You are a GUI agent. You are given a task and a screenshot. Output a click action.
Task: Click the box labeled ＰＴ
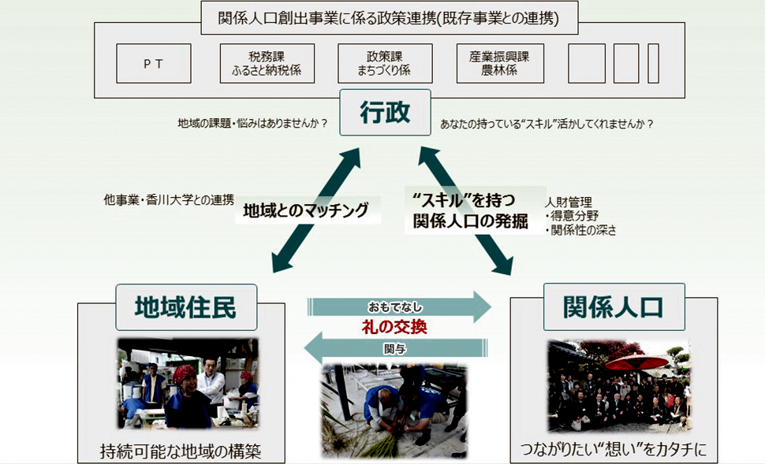[x=154, y=64]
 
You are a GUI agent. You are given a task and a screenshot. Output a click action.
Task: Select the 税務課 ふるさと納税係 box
[x=267, y=64]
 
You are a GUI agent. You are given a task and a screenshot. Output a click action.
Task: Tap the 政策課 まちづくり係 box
[x=385, y=64]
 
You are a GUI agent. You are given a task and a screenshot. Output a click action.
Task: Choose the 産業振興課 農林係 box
[x=500, y=64]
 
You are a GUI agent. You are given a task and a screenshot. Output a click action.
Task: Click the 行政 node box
[x=385, y=113]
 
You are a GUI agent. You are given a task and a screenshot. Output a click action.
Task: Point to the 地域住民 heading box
[x=185, y=306]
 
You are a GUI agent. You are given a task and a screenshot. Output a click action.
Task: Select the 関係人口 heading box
[x=613, y=306]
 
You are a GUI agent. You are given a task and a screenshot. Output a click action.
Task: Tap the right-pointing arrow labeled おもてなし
[x=397, y=306]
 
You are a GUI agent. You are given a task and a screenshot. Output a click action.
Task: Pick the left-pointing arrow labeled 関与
[x=397, y=346]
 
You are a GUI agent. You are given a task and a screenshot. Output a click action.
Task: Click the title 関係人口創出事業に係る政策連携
[x=378, y=18]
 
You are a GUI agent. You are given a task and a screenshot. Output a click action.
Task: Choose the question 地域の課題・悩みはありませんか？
[x=252, y=124]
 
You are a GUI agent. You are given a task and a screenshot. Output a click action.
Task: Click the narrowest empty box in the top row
[x=653, y=64]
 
